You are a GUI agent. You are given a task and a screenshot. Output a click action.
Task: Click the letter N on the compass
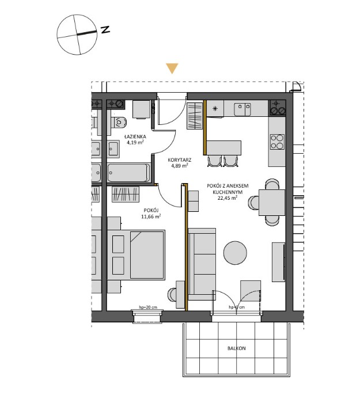pos(105,30)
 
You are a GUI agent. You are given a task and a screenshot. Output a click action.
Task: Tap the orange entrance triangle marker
pos(172,69)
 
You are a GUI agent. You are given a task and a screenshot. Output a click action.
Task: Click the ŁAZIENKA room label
pos(135,137)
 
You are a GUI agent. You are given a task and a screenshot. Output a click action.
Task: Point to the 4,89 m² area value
pos(180,165)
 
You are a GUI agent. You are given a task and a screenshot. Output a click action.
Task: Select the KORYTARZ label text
pos(180,159)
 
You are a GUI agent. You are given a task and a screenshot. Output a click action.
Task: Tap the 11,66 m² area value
pos(151,216)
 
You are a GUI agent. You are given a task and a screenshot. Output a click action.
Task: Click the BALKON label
pos(236,348)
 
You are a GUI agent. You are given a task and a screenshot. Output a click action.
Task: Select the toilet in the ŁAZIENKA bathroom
pos(119,122)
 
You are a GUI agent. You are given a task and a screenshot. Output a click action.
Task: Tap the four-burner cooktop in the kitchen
pos(277,141)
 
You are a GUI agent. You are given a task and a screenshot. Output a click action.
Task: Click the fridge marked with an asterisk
pos(215,109)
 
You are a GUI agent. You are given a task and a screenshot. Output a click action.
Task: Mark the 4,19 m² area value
pos(135,143)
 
